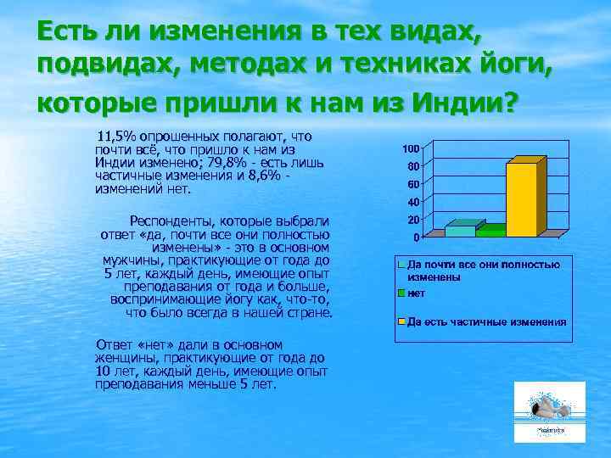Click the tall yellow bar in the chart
(521, 199)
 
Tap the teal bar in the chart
(460, 230)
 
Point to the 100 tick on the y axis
(411, 148)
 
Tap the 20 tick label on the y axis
(413, 219)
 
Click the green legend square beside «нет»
(402, 293)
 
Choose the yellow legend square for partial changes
(402, 321)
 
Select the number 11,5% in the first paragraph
(115, 136)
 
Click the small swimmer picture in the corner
(549, 412)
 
